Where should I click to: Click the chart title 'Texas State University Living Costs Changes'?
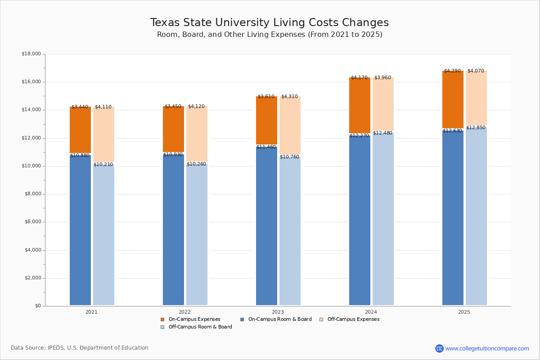pos(269,23)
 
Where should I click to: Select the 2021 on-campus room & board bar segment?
pos(80,229)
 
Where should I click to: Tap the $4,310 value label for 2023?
pos(290,96)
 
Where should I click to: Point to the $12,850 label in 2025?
pos(476,128)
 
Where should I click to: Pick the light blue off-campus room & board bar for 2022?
pos(197,234)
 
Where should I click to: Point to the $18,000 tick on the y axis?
pos(31,54)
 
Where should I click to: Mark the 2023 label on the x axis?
pos(278,312)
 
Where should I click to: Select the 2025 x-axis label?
pos(464,312)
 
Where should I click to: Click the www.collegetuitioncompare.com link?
pos(487,348)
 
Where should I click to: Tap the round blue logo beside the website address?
pos(439,348)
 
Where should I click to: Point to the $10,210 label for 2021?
pos(103,165)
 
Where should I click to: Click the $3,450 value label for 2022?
pos(173,107)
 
